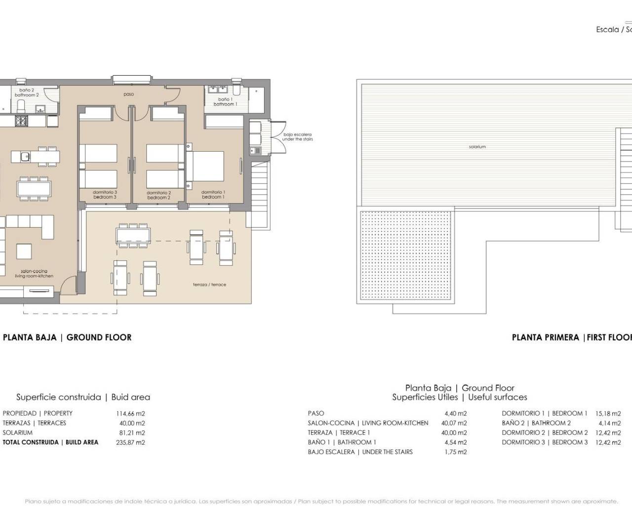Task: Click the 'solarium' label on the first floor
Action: [x=477, y=147]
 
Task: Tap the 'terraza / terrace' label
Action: [x=209, y=285]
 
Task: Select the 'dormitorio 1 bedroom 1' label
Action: [x=213, y=195]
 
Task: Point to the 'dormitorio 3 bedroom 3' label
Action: [x=105, y=195]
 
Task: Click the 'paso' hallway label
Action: [x=128, y=94]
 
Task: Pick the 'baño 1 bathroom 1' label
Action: [x=225, y=102]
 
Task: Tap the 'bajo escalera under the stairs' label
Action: [x=297, y=137]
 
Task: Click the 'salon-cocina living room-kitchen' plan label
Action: [x=34, y=274]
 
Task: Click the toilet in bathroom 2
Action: [x=21, y=106]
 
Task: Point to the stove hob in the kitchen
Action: [x=22, y=121]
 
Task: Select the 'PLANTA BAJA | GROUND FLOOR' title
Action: [x=67, y=337]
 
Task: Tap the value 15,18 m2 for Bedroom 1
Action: [x=608, y=414]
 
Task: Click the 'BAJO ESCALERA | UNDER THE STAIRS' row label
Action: [x=360, y=452]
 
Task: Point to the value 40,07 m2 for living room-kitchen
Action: [x=455, y=423]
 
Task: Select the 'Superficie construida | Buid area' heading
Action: [x=83, y=397]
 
